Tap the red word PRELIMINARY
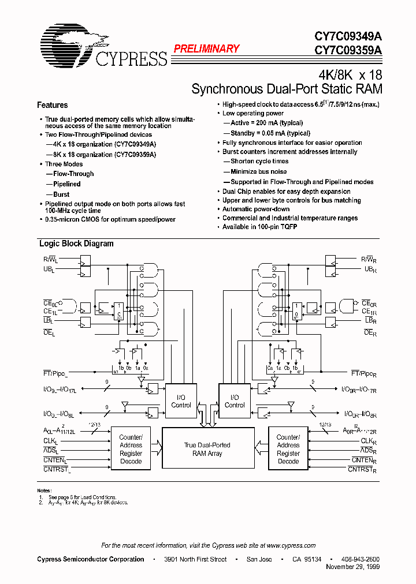(x=206, y=49)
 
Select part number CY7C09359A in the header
(x=348, y=50)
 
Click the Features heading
(x=52, y=105)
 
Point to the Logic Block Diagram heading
(x=76, y=244)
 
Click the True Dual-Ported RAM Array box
(x=207, y=450)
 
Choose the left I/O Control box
(x=181, y=401)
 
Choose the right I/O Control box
(x=235, y=401)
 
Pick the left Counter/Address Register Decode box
(x=131, y=450)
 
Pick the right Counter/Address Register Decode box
(x=288, y=450)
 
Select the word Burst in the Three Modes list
(x=61, y=194)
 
